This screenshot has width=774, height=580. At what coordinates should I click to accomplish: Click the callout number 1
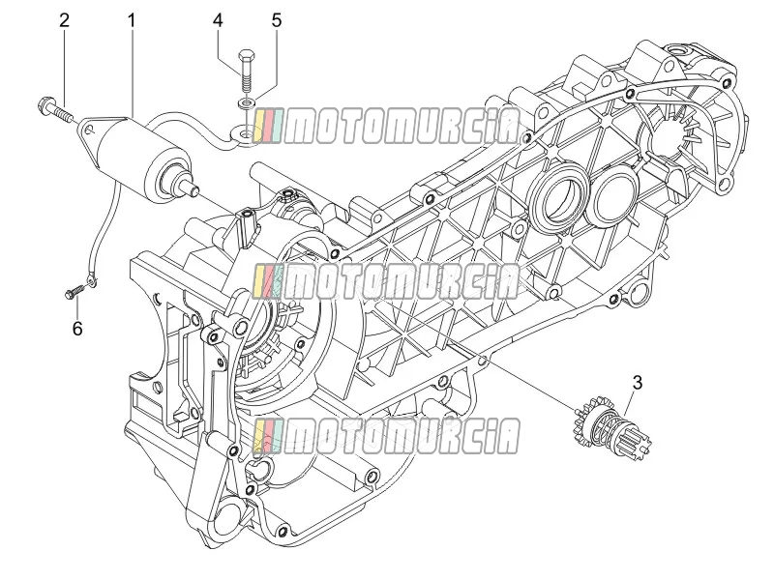point(132,20)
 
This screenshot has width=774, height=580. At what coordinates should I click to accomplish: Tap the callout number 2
point(64,20)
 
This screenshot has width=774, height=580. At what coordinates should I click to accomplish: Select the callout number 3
point(638,383)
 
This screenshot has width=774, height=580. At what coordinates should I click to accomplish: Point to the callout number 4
point(218,20)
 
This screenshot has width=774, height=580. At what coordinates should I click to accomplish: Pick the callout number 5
point(277,20)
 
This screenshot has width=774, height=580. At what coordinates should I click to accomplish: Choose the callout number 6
point(77,329)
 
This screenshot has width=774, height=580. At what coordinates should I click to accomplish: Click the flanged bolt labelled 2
point(54,109)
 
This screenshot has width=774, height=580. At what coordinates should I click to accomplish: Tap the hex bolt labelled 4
point(246,71)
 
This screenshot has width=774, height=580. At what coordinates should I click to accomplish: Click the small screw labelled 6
point(74,292)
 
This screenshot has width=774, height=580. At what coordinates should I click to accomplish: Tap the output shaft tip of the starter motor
point(193,188)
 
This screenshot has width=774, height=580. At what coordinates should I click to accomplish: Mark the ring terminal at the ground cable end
point(91,281)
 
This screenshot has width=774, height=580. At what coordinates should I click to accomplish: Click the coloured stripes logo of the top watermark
point(269,127)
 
